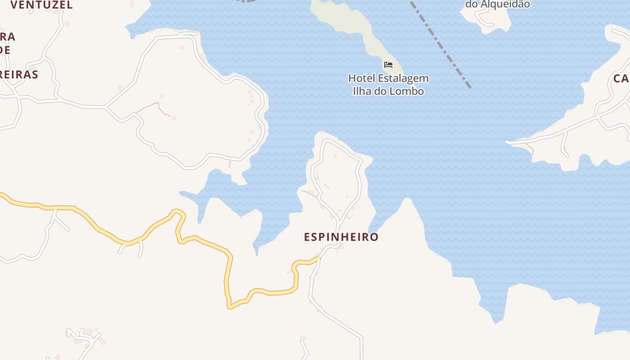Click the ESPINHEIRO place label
341,237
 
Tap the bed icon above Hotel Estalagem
388,65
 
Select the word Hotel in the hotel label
361,78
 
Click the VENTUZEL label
41,5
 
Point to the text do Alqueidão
497,4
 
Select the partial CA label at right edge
621,79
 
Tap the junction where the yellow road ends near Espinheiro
319,258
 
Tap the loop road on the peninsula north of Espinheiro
359,180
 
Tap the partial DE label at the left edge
4,50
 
